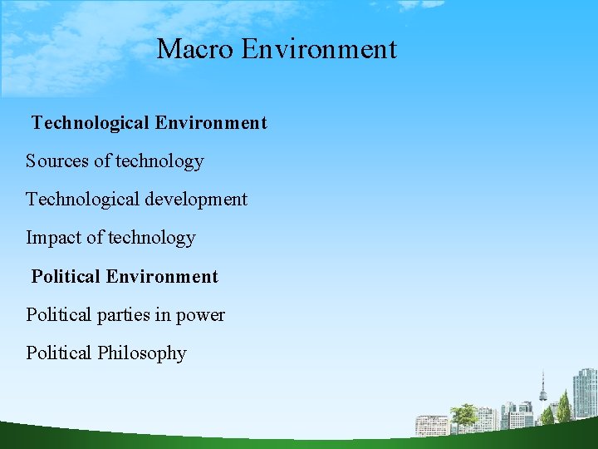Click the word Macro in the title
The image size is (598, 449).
[196, 49]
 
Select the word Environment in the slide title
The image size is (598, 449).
[319, 49]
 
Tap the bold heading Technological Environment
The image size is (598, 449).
[149, 123]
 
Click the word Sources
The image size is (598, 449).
[57, 161]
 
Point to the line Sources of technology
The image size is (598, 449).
[115, 161]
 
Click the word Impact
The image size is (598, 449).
[53, 238]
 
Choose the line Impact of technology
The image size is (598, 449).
[110, 238]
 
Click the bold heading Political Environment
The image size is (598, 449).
[125, 276]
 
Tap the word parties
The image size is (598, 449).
[127, 315]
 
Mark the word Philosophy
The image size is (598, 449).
[141, 353]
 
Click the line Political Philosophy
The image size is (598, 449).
[106, 353]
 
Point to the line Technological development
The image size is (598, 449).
[136, 200]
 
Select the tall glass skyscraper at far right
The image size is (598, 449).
[585, 395]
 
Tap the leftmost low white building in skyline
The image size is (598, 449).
[431, 425]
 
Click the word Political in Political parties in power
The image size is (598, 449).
[58, 315]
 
